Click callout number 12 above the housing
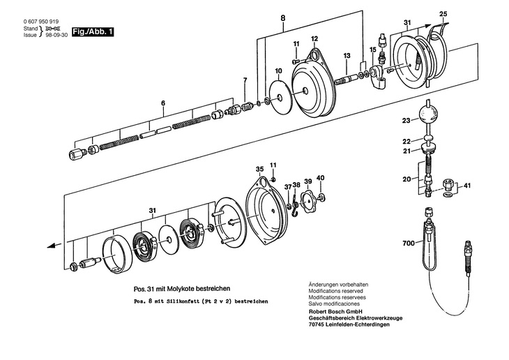point(314,38)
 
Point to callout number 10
point(278,71)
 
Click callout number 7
point(244,82)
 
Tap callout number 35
point(259,169)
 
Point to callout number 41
point(467,186)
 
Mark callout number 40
point(320,178)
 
